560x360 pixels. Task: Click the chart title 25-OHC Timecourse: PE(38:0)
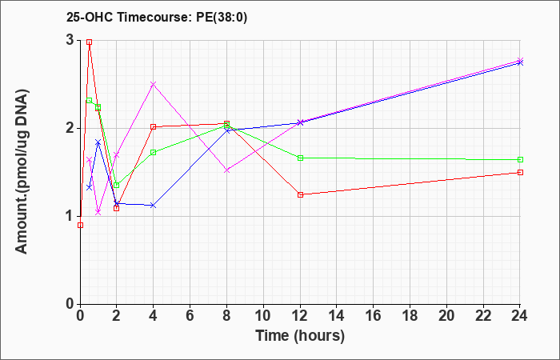point(157,17)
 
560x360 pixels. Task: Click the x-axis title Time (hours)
point(300,336)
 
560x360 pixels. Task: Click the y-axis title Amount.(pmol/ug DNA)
point(22,171)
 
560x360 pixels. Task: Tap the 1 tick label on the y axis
point(70,217)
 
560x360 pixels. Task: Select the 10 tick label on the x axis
point(263,316)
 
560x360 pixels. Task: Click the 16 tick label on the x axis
point(374,316)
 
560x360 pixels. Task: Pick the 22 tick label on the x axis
point(483,316)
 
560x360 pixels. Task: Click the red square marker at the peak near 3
point(90,42)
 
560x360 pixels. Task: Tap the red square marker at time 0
point(80,225)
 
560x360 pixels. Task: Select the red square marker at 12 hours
point(300,194)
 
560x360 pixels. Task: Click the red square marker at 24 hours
point(520,173)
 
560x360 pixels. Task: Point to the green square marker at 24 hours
point(520,160)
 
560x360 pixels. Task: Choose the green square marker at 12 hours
point(300,158)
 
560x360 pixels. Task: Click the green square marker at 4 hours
point(154,153)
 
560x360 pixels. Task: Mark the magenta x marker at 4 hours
point(154,84)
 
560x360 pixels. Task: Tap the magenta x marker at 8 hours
point(226,170)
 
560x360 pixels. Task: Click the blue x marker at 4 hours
point(154,206)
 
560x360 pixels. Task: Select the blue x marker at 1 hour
point(98,142)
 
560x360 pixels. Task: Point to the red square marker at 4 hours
point(154,126)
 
